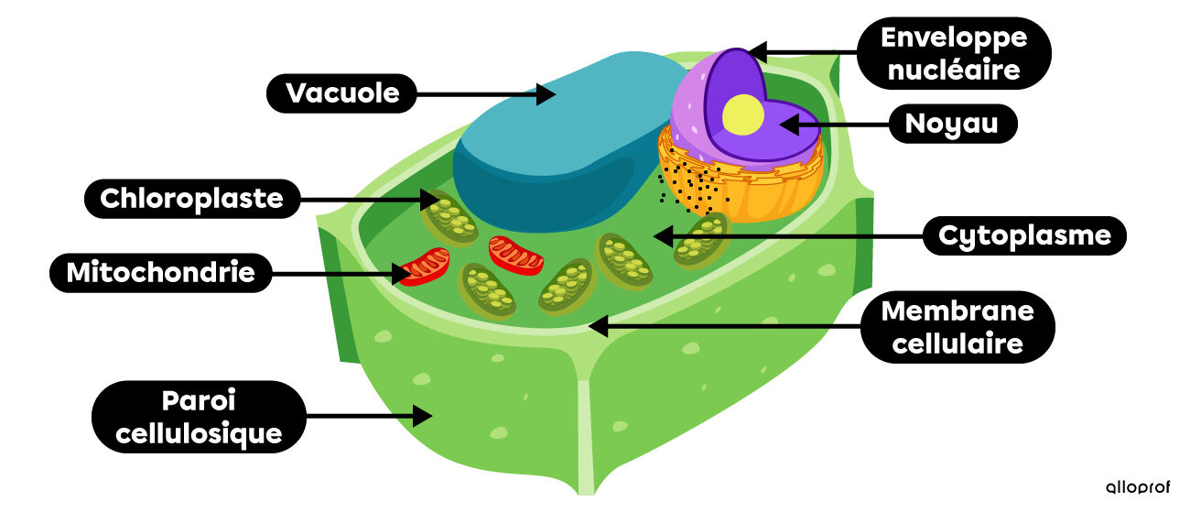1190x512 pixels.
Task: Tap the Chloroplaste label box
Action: (x=192, y=198)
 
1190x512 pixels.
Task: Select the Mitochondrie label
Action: (x=160, y=272)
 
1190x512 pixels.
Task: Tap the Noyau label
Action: (x=953, y=124)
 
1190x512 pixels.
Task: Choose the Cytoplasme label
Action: (x=1024, y=236)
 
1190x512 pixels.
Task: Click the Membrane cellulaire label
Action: (x=957, y=328)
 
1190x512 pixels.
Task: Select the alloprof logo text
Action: (x=1138, y=487)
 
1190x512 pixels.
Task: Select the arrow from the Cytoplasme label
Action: (x=787, y=236)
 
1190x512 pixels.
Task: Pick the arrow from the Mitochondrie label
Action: (x=339, y=272)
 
